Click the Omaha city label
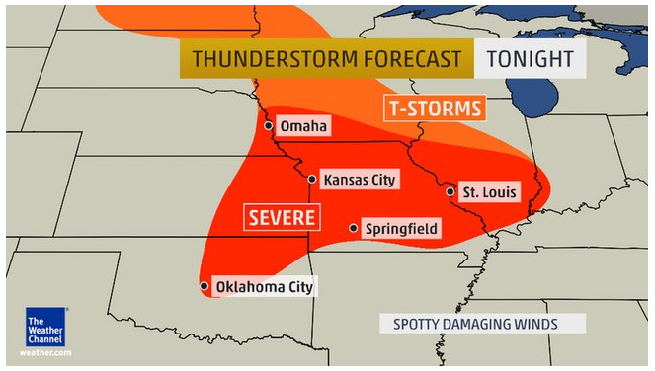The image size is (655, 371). click(x=303, y=126)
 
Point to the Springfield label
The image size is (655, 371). click(x=401, y=229)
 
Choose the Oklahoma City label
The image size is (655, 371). click(x=264, y=287)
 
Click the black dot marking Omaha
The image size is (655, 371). click(x=269, y=126)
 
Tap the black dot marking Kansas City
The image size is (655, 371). click(x=312, y=180)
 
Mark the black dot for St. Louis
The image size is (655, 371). click(x=450, y=192)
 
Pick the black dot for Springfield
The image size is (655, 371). click(x=354, y=229)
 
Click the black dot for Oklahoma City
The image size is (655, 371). click(x=205, y=287)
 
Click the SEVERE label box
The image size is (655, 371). click(x=282, y=216)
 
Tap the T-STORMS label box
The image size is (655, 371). click(x=434, y=108)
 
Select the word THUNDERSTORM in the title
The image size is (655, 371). click(x=259, y=59)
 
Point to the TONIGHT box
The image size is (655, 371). click(x=531, y=59)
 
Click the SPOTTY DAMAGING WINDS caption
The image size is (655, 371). click(x=475, y=324)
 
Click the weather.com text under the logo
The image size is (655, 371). click(x=45, y=352)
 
